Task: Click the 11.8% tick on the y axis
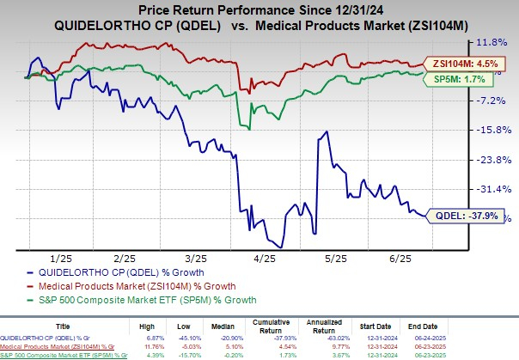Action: [491, 40]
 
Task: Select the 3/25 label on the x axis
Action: [196, 258]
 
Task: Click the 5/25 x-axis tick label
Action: [337, 258]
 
